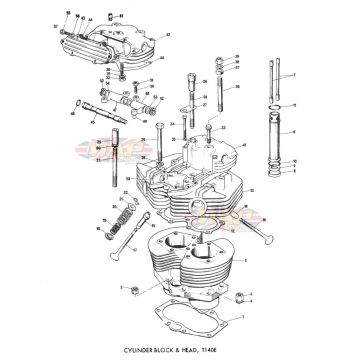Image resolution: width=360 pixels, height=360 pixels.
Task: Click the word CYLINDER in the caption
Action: pos(149,347)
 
